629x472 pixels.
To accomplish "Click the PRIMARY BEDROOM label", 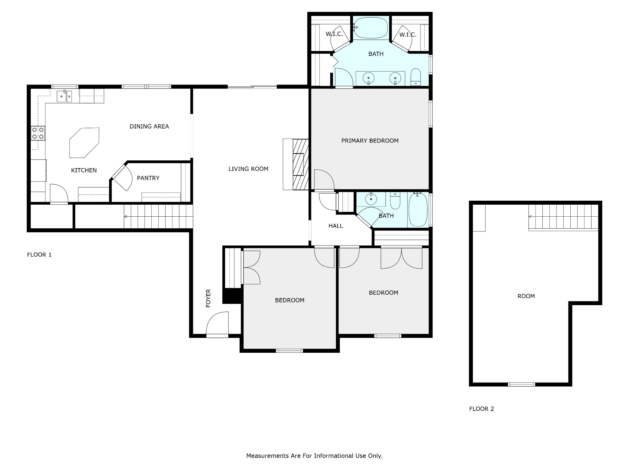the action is click(x=370, y=141).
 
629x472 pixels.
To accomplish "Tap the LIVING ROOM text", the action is click(x=248, y=169).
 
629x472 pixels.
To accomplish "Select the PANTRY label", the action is click(x=148, y=178).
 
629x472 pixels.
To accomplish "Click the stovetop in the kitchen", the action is click(x=38, y=133).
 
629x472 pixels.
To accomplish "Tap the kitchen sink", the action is click(x=64, y=96).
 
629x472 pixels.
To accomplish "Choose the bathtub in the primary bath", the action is click(x=371, y=28).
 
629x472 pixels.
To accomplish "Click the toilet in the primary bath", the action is click(x=416, y=77).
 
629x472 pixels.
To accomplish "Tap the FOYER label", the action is click(x=208, y=298).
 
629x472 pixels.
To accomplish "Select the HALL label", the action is click(x=336, y=226).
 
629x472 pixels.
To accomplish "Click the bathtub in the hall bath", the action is click(x=418, y=210).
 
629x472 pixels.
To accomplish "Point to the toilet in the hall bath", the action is click(x=395, y=200).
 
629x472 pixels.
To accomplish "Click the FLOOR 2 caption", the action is click(x=482, y=409).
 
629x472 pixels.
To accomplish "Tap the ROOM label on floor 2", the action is click(x=526, y=296).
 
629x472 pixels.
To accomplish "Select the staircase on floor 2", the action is click(x=563, y=217).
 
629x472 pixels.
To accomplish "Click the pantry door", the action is click(x=122, y=178).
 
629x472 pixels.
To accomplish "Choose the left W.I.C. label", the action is click(x=334, y=34).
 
